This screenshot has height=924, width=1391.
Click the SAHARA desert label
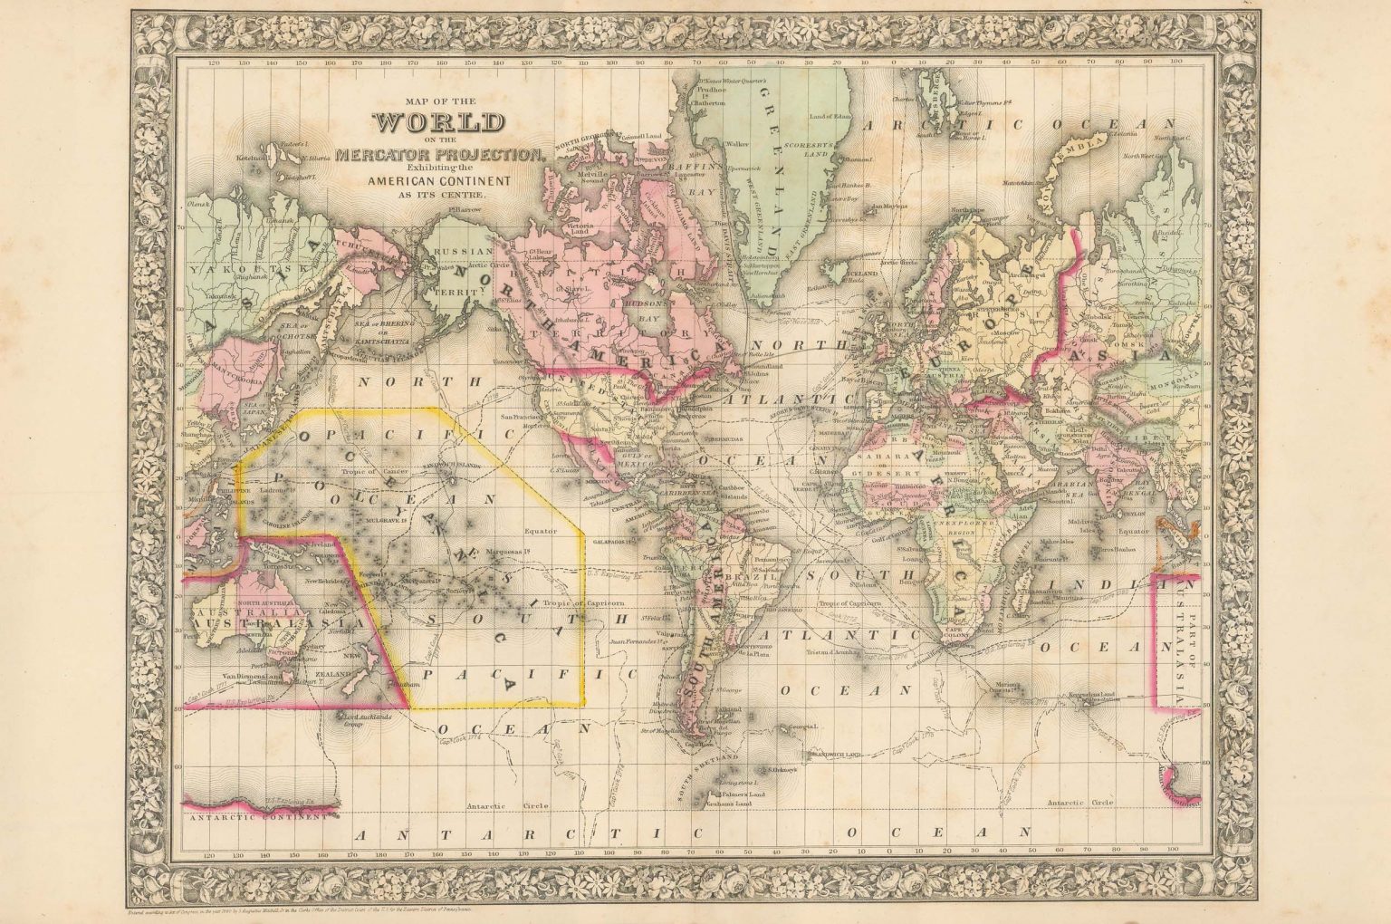point(872,459)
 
